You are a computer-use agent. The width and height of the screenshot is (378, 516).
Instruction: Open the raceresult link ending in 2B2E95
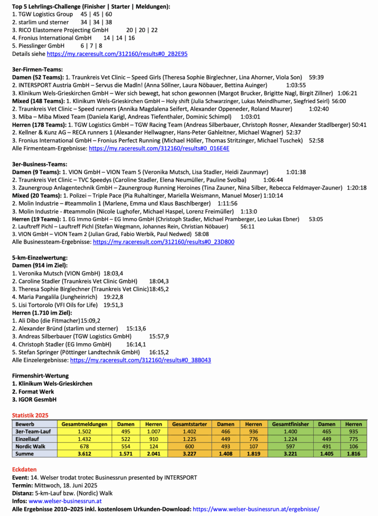pyautogui.click(x=117, y=54)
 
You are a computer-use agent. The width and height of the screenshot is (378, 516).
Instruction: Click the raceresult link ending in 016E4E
pyautogui.click(x=159, y=149)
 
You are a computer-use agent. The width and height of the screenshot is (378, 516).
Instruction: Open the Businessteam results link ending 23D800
pyautogui.click(x=164, y=242)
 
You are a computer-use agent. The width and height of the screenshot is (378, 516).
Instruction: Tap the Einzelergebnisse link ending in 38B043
pyautogui.click(x=140, y=360)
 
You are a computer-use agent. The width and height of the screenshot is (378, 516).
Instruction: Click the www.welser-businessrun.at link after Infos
pyautogui.click(x=65, y=501)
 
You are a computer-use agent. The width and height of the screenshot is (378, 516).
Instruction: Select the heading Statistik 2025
pyautogui.click(x=30, y=415)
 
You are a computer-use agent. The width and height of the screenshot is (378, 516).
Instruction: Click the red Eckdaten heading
pyautogui.click(x=24, y=470)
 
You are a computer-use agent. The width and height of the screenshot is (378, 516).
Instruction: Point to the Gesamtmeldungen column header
pyautogui.click(x=85, y=424)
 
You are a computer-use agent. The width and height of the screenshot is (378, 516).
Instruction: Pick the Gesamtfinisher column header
pyautogui.click(x=291, y=424)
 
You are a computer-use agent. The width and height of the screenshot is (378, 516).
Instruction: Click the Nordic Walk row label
pyautogui.click(x=30, y=447)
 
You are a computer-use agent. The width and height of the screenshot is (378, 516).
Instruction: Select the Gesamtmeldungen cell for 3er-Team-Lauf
pyautogui.click(x=85, y=432)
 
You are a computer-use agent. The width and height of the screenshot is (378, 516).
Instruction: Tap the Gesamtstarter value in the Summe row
pyautogui.click(x=190, y=454)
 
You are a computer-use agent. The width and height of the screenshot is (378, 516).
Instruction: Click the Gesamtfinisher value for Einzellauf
pyautogui.click(x=291, y=439)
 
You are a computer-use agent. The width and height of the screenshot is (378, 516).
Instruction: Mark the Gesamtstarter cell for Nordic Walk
pyautogui.click(x=190, y=447)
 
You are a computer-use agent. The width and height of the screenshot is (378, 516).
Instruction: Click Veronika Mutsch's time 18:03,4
pyautogui.click(x=113, y=274)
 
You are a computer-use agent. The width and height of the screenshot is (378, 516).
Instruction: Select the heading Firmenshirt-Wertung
pyautogui.click(x=40, y=376)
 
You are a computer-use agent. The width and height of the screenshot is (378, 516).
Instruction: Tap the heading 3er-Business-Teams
pyautogui.click(x=39, y=164)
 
